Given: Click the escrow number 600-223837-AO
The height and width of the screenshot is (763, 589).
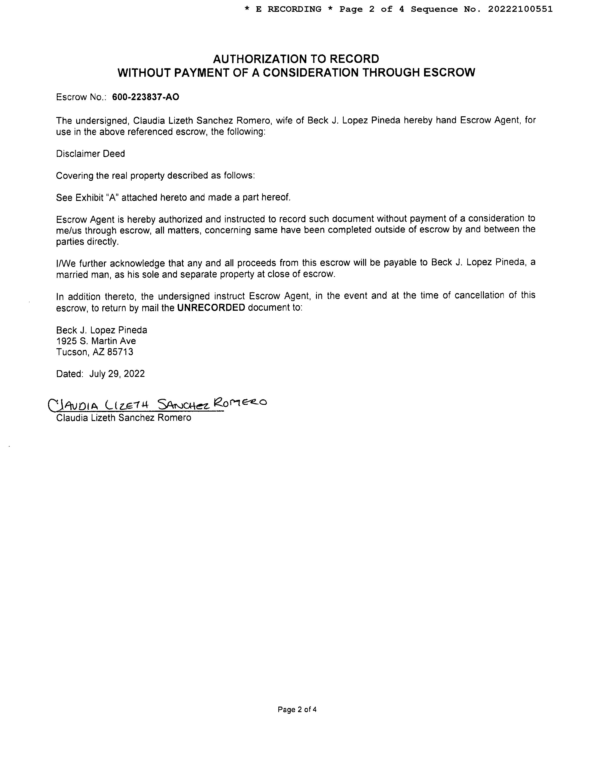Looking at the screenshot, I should [146, 97].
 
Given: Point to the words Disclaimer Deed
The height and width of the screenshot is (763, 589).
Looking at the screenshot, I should [90, 154].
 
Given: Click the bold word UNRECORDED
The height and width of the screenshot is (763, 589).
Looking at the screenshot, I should [211, 308].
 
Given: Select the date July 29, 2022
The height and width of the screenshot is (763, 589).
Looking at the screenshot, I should [117, 374].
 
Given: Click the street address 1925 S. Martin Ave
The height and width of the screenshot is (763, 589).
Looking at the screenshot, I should [96, 341].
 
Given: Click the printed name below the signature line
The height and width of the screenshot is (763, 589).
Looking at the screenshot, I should [124, 418].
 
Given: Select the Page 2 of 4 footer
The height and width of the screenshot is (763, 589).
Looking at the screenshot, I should [297, 710].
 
